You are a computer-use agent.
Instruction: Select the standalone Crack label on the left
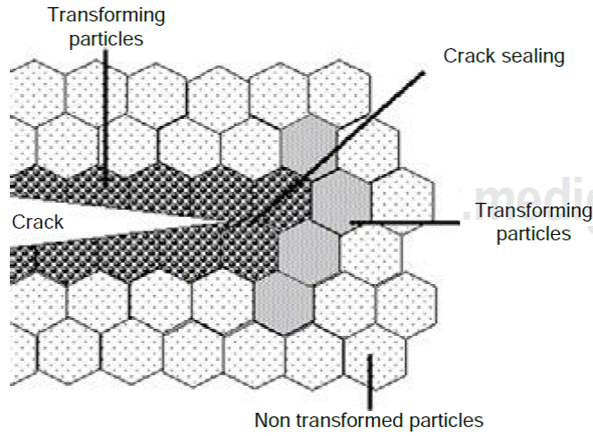tap(38, 222)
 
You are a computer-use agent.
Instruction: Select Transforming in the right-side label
tap(532, 211)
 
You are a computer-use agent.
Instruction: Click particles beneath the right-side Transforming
tap(532, 235)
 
